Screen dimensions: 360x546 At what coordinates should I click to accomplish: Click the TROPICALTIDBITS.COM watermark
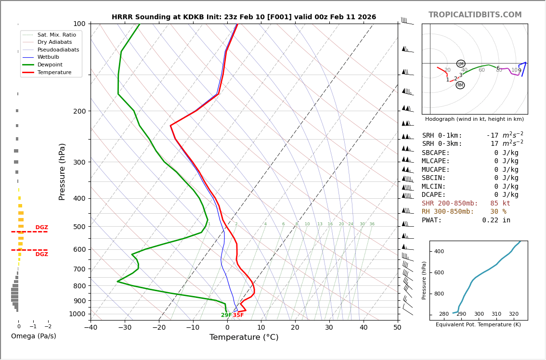pos(475,15)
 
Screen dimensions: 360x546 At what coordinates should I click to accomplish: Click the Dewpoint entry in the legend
pos(50,64)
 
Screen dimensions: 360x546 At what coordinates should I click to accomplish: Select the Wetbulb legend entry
pos(51,57)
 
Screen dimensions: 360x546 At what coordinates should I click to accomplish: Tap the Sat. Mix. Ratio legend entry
pos(56,35)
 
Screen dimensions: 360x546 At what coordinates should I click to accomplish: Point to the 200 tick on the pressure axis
pos(79,111)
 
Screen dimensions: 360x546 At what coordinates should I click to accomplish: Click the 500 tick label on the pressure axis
pos(79,227)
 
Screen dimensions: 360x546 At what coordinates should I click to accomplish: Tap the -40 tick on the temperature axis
pos(91,327)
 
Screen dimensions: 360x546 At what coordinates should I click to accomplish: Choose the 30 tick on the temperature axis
pos(329,327)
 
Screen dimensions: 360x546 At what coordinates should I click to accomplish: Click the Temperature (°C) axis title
pos(244,337)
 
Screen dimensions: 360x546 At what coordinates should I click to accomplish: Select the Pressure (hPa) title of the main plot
pos(63,171)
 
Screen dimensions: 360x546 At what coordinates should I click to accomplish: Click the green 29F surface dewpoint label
pos(226,315)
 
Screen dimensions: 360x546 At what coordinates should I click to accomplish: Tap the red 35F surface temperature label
pos(238,315)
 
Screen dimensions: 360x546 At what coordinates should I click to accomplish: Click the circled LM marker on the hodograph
pos(461,64)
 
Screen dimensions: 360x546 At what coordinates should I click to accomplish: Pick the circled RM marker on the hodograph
pos(460,85)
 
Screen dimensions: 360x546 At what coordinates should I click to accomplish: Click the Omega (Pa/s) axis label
pos(33,336)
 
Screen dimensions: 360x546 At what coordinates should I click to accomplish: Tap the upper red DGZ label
pos(41,228)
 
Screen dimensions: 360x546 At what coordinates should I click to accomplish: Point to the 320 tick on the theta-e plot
pos(514,314)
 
